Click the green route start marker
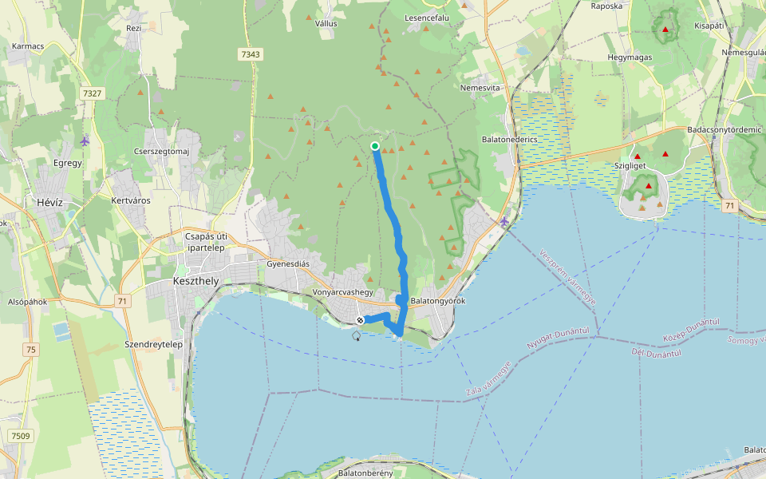point(375,146)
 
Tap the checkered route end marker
point(360,321)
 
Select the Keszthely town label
point(195,282)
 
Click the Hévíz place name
point(55,203)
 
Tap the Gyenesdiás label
point(288,264)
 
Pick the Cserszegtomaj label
point(161,152)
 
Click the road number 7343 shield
point(250,54)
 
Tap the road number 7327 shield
point(92,93)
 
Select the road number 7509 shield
point(21,435)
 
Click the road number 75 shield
point(30,349)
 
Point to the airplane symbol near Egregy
point(85,141)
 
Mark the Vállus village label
point(326,24)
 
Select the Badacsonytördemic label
point(725,129)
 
